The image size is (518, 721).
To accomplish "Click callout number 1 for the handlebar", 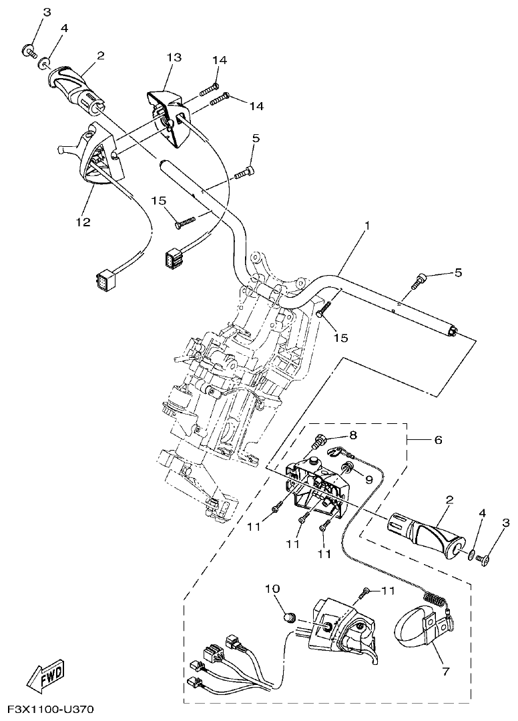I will (366, 226).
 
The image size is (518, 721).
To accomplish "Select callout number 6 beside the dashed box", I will (437, 441).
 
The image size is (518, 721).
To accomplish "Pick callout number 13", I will (174, 58).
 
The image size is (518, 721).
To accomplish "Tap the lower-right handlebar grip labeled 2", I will (424, 536).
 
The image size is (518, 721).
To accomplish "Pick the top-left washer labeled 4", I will (44, 63).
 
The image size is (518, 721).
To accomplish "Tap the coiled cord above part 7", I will (433, 599).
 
